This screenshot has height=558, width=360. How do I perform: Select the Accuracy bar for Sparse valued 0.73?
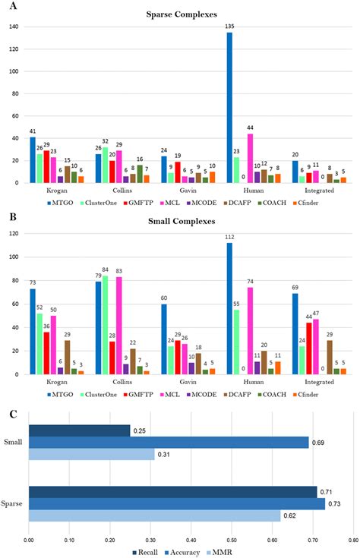point(176,503)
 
